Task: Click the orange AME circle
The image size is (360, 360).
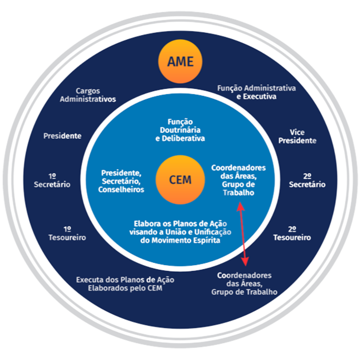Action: pos(180,62)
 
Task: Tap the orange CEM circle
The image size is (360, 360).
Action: pos(180,180)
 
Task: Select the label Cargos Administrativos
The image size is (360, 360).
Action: pos(88,95)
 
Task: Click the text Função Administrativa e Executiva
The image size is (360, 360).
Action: pos(256,92)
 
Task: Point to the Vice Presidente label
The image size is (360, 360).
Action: pos(297,137)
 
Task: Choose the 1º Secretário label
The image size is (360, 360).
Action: pos(52,180)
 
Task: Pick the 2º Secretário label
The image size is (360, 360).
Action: pos(307,180)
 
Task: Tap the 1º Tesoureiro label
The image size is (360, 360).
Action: pos(67,233)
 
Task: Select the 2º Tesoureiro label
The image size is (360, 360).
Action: pos(292,233)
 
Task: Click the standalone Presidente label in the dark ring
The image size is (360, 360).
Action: pos(62,136)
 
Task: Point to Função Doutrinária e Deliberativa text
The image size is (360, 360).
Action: pos(180,130)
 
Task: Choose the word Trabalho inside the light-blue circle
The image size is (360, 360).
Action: pos(238,193)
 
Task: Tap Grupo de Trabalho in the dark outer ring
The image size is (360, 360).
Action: pos(244,292)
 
